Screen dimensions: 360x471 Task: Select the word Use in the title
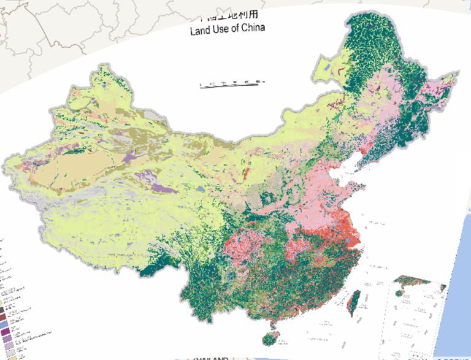point(223,30)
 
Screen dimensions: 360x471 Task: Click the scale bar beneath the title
point(231,84)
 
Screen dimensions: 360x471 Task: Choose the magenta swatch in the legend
point(4,332)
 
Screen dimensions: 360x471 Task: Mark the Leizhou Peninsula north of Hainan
point(271,322)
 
